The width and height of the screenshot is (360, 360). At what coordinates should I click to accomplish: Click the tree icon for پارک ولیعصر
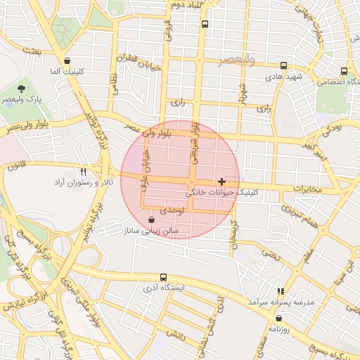pyautogui.click(x=22, y=89)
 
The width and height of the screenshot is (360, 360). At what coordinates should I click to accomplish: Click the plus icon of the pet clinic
pyautogui.click(x=222, y=181)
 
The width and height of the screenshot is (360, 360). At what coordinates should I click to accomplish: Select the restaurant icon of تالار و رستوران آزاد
pyautogui.click(x=83, y=172)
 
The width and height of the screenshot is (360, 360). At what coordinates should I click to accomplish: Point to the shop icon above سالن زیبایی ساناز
pyautogui.click(x=152, y=220)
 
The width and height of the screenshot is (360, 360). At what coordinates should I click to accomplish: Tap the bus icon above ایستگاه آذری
pyautogui.click(x=164, y=278)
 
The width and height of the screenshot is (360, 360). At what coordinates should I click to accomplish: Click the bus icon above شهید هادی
pyautogui.click(x=283, y=65)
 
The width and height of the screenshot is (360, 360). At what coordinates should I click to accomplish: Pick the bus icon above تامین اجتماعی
pyautogui.click(x=344, y=71)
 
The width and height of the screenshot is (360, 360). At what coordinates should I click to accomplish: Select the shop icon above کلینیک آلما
pyautogui.click(x=67, y=61)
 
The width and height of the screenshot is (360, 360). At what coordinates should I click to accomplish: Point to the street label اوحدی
pyautogui.click(x=172, y=210)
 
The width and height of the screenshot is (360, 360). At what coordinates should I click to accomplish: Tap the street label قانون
pyautogui.click(x=13, y=167)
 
